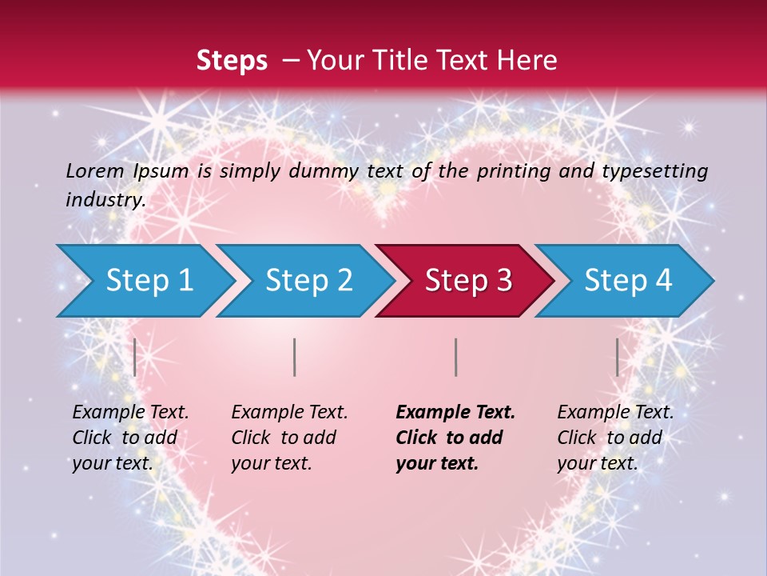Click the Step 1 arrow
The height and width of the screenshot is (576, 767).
click(144, 280)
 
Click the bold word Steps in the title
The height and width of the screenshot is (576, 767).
click(232, 61)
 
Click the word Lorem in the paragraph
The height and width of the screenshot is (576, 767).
click(94, 170)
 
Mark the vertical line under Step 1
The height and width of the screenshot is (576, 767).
click(135, 357)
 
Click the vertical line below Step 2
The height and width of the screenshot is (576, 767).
click(295, 357)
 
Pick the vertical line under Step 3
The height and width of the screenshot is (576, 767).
click(455, 357)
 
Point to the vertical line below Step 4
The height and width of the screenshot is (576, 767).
click(617, 357)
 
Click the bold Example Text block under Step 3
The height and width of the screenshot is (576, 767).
click(455, 438)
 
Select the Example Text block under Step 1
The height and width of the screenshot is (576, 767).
click(130, 438)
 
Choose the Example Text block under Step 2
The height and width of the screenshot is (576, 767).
click(289, 438)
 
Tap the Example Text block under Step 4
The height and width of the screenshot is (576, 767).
click(615, 438)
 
